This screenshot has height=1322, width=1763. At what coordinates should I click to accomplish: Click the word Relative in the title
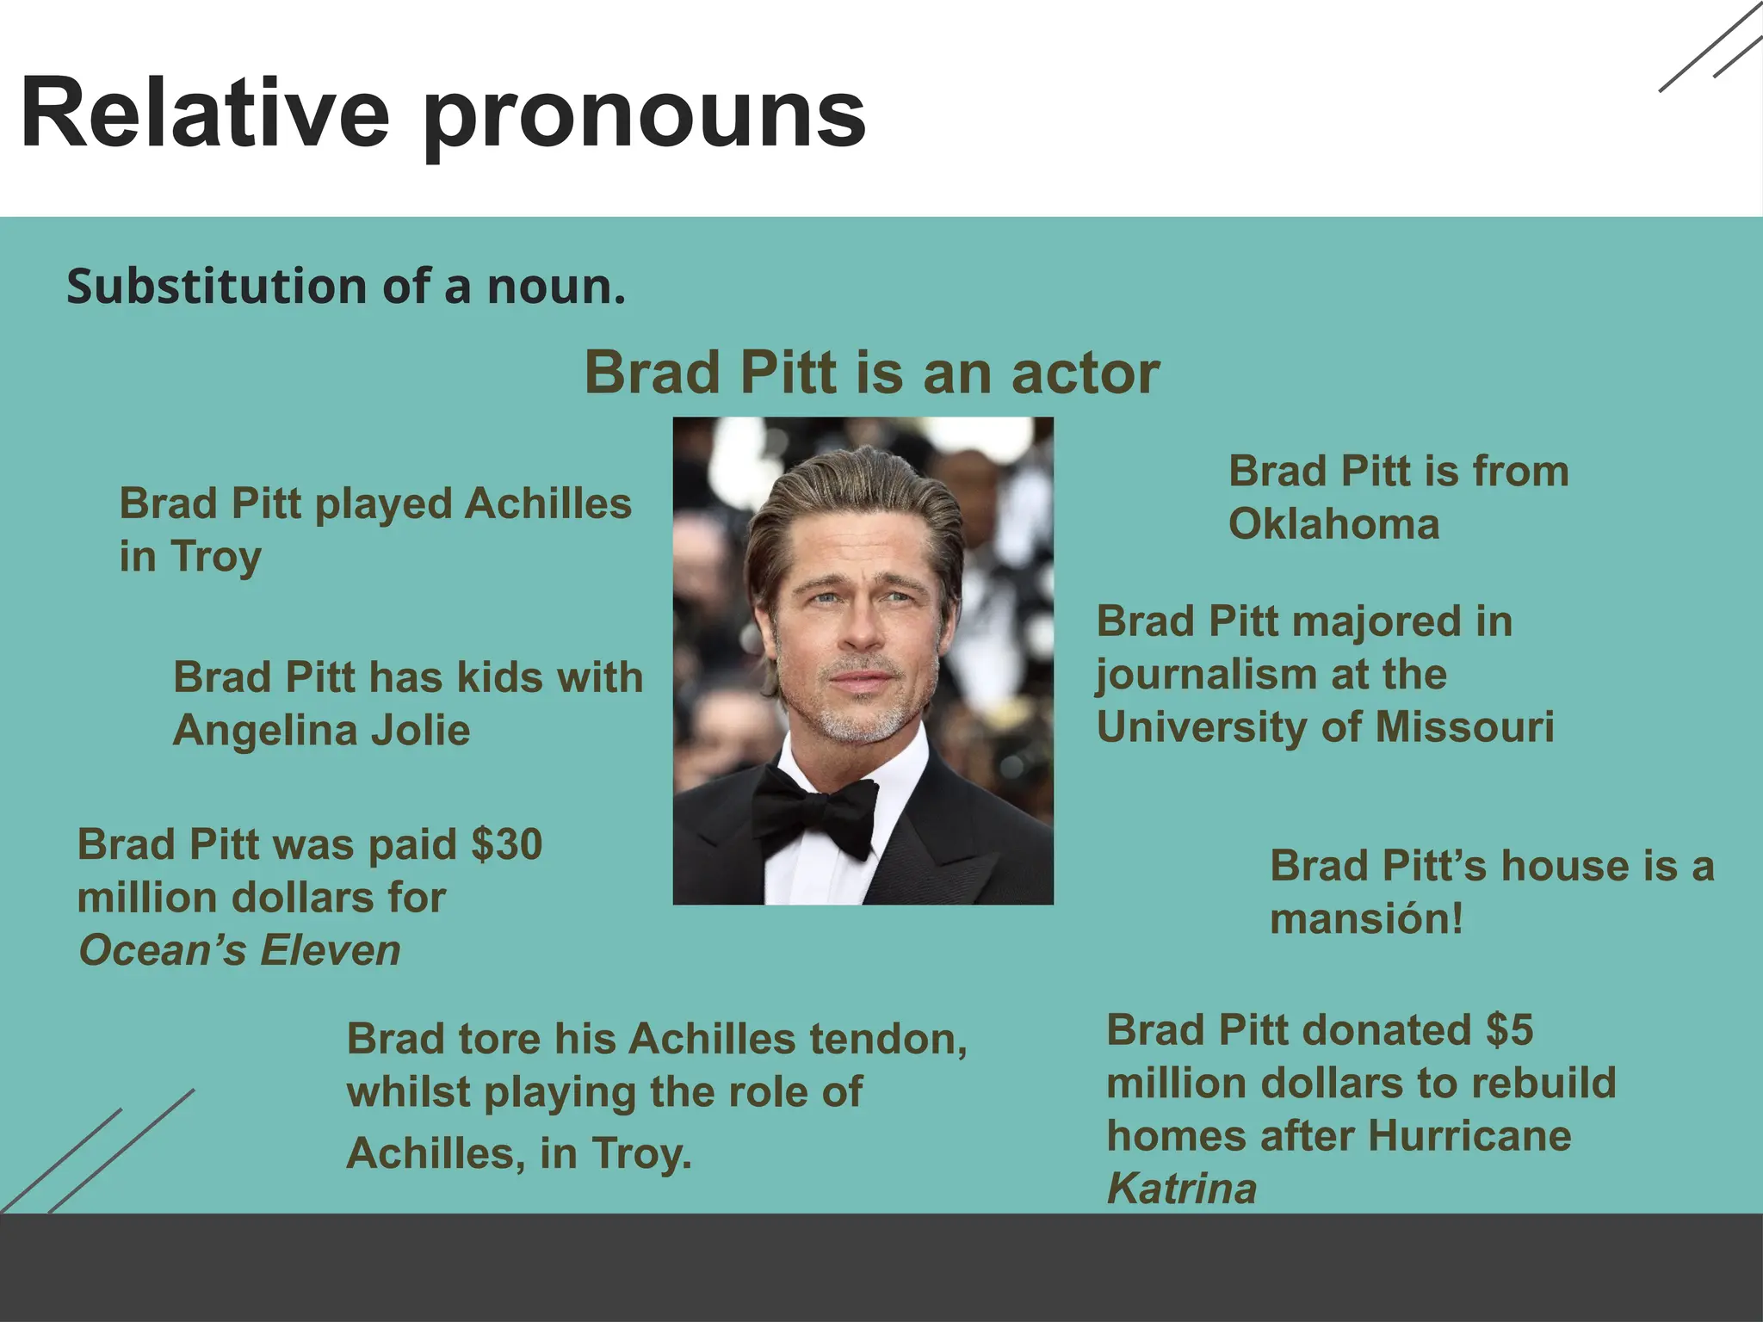click(205, 114)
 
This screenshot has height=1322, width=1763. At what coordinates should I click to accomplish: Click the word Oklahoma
click(1333, 524)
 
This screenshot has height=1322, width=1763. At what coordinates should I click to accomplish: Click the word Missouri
click(1464, 726)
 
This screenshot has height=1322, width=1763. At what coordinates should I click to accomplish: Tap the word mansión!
click(1366, 918)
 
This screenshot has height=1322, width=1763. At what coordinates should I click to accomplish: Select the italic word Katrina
click(1181, 1189)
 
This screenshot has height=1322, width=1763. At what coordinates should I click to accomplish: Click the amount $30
click(507, 844)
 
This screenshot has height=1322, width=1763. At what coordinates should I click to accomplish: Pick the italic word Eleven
click(331, 951)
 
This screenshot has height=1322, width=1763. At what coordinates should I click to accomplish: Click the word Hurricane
click(1469, 1136)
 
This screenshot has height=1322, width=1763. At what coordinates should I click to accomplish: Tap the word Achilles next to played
click(547, 504)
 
